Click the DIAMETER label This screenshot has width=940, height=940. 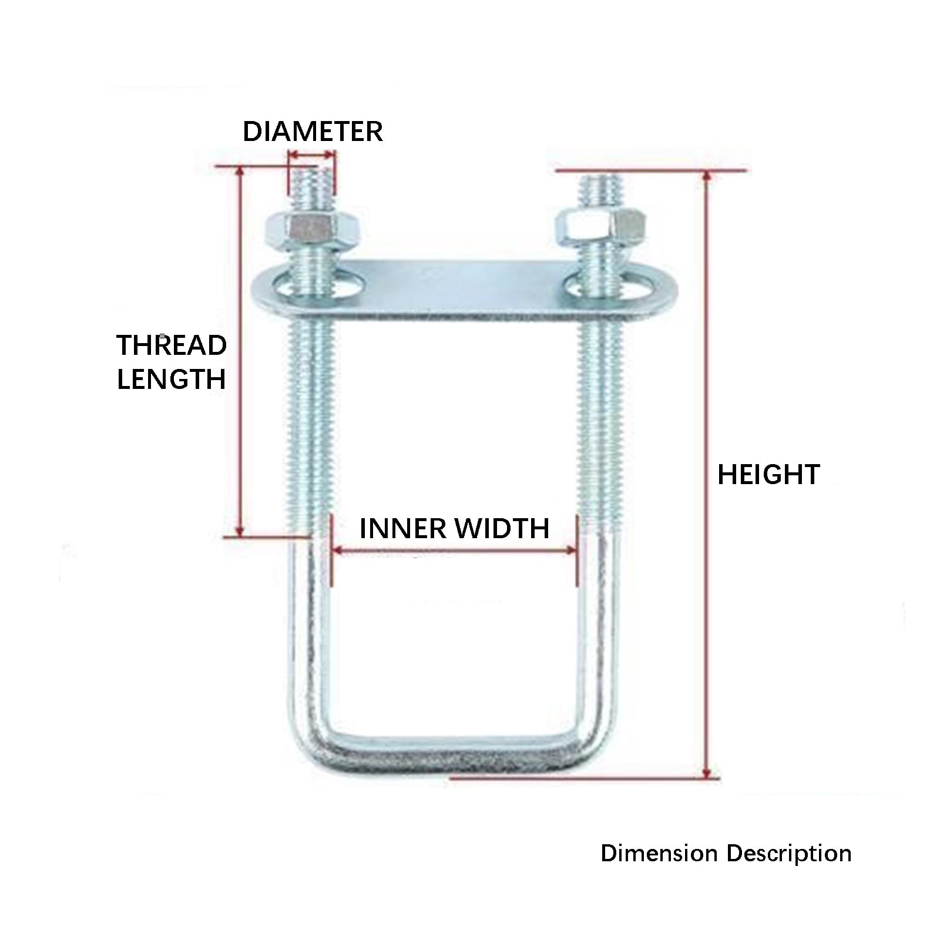click(313, 131)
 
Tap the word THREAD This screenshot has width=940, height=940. click(172, 345)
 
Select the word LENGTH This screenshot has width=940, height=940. click(172, 379)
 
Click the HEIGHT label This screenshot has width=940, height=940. click(768, 475)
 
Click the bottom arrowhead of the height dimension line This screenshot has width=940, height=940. click(707, 773)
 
